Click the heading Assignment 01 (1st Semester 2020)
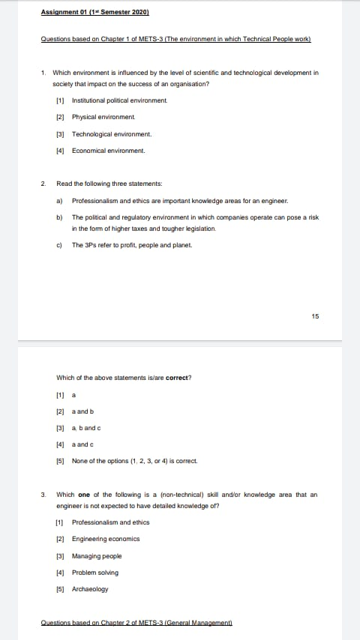(95, 13)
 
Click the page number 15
(315, 316)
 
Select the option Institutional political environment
(119, 100)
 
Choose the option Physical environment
(103, 117)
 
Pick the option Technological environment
(112, 134)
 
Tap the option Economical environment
(108, 151)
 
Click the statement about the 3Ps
(132, 244)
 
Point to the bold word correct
(177, 378)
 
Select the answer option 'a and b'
(82, 411)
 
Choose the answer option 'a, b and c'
(86, 428)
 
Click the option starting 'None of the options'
(134, 461)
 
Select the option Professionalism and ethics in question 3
(110, 522)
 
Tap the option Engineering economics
(106, 539)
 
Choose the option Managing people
(97, 556)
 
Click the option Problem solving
(95, 573)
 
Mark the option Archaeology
(90, 589)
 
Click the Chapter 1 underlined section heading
(176, 39)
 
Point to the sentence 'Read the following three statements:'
(109, 184)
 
